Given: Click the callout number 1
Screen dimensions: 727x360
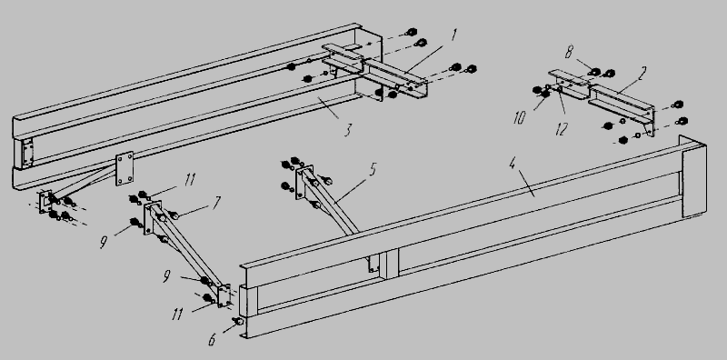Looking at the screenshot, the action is [454, 35].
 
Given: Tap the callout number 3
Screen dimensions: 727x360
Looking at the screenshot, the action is [348, 130].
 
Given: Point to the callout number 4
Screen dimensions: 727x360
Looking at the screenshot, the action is [513, 164].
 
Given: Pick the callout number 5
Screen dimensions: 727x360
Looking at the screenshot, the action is [373, 170].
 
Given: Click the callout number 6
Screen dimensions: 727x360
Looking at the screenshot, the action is [212, 340].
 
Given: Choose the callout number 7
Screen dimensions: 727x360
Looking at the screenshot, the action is [216, 203].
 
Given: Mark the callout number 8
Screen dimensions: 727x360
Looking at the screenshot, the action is [569, 53].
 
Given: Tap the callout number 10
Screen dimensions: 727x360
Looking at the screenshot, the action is [520, 118].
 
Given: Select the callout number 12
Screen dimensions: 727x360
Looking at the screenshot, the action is [562, 129].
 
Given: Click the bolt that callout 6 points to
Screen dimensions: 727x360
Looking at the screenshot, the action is [239, 321].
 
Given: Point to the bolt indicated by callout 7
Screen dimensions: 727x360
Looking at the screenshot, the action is [174, 215].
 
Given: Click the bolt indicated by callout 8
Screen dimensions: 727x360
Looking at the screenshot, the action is [595, 72].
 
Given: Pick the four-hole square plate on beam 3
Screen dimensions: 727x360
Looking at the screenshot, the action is [124, 168].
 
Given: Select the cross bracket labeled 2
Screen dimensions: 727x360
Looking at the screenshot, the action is [603, 100].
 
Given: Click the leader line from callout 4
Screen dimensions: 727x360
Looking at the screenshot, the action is [526, 184].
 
